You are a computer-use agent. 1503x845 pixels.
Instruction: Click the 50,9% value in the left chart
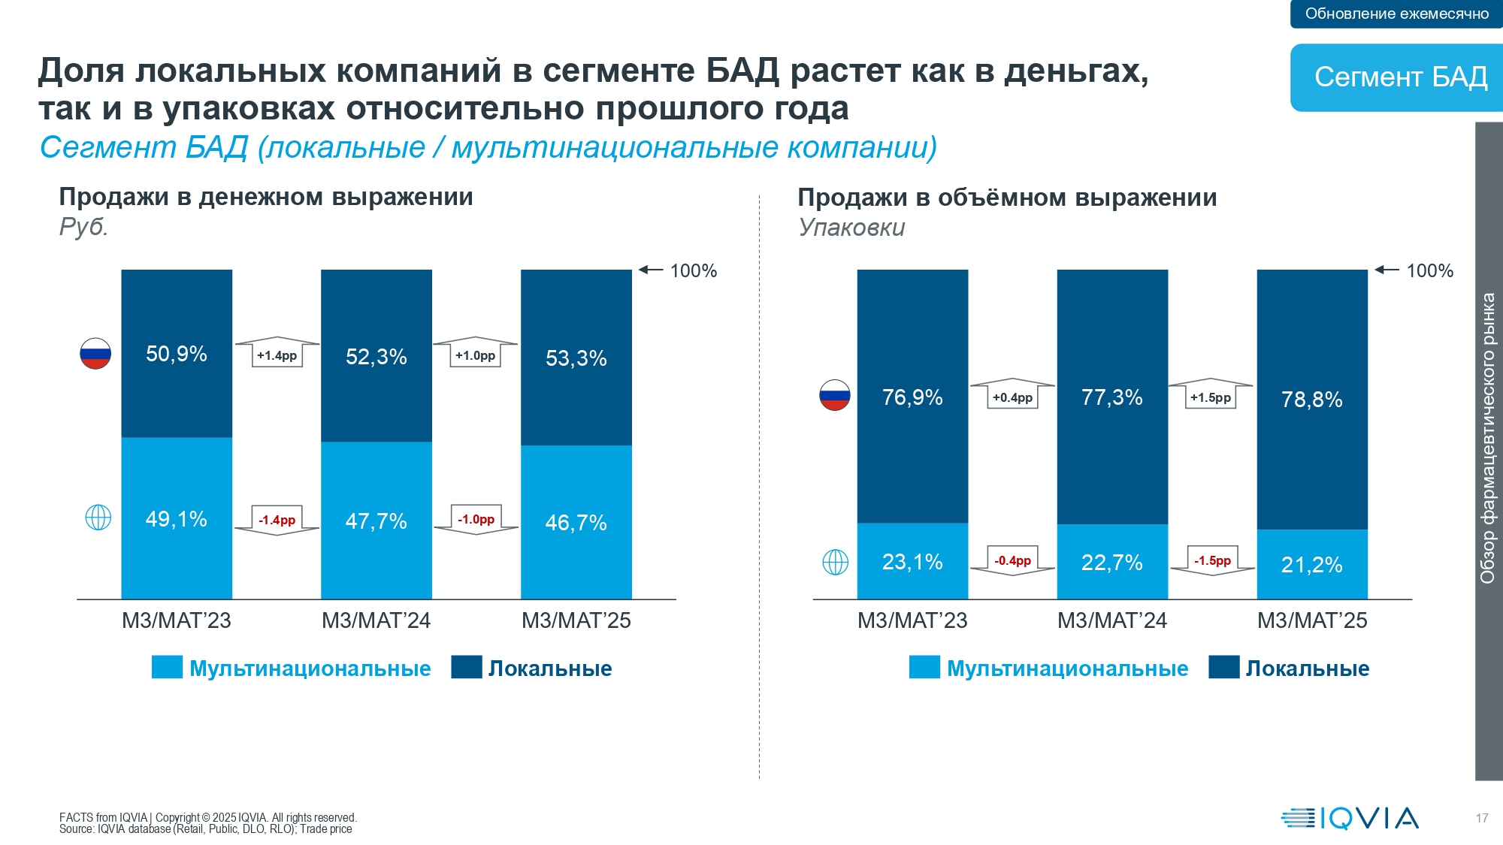177,354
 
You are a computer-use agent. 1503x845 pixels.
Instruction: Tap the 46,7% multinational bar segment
576,523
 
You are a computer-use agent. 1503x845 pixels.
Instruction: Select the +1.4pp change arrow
277,354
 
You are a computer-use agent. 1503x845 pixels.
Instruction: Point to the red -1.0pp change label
476,519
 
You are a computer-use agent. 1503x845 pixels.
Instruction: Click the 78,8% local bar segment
1312,399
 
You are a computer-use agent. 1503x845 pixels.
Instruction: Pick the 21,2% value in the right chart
1312,565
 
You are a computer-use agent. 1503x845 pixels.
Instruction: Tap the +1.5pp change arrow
1211,395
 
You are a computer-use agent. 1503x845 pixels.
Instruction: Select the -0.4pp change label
1013,560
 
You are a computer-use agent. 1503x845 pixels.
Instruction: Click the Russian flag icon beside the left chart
95,354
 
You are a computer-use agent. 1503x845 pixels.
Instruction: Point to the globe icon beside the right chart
835,562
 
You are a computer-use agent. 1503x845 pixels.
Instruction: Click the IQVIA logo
1350,818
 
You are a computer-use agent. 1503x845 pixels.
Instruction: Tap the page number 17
1482,818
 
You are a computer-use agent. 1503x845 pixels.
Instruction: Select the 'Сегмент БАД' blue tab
1398,77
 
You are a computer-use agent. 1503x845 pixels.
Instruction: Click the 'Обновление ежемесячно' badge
1396,14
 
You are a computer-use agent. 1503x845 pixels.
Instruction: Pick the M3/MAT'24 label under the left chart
376,620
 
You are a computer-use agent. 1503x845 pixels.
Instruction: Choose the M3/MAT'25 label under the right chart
1312,620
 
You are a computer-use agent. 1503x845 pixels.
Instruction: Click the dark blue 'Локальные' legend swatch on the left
466,667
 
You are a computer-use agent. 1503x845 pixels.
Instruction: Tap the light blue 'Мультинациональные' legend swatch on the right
924,667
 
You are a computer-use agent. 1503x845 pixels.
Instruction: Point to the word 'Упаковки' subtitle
851,227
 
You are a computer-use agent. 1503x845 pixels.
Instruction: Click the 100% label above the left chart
693,270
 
